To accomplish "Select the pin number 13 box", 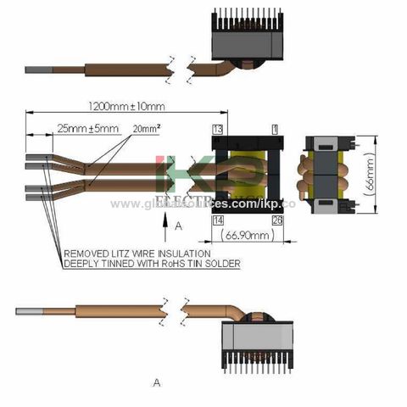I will click(x=218, y=129).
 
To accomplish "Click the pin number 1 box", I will click(x=275, y=129).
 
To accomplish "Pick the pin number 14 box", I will click(x=218, y=219).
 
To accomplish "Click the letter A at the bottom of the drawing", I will click(x=157, y=383).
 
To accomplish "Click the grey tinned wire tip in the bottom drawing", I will click(x=32, y=311).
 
